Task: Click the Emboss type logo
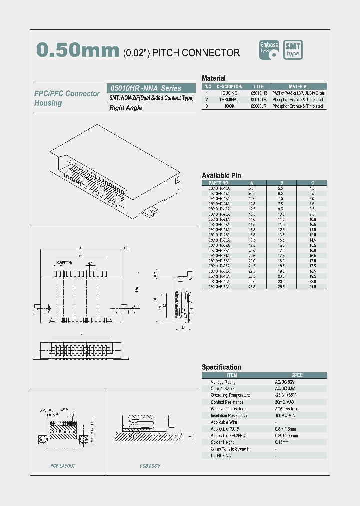270,50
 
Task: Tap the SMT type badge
293,50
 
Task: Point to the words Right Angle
126,108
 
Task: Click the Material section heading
213,78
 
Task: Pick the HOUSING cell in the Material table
229,93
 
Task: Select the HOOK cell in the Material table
229,106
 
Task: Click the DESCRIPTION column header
229,87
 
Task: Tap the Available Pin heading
221,175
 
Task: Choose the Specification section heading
221,367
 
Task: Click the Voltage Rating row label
223,382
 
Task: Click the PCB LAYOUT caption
63,466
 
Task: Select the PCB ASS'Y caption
150,466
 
